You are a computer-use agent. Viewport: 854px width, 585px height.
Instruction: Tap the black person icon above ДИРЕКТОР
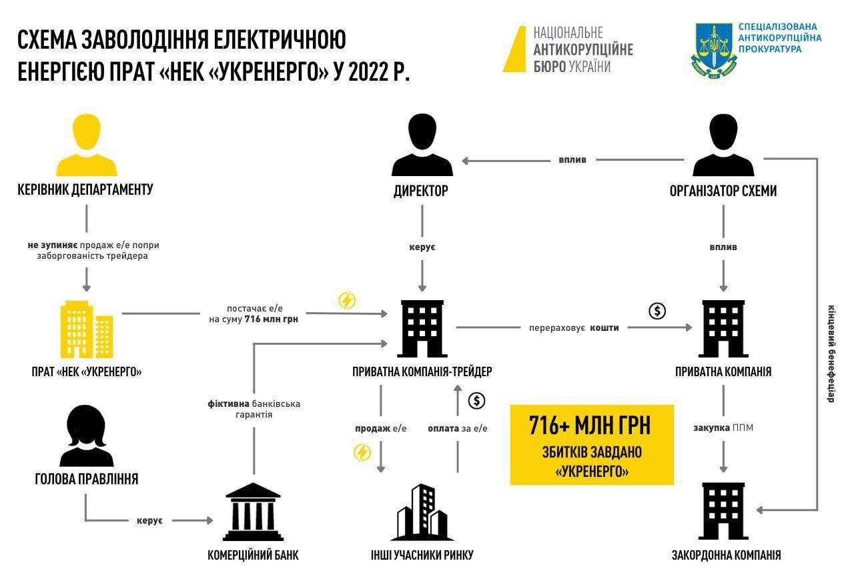pos(422,144)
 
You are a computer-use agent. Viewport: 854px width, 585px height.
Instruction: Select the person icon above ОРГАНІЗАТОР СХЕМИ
pos(723,144)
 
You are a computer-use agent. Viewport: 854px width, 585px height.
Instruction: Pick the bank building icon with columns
pos(254,513)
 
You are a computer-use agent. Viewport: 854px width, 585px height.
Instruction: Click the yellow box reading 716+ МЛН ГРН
pos(592,444)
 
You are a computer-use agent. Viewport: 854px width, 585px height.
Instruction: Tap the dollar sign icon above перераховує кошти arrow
pos(658,311)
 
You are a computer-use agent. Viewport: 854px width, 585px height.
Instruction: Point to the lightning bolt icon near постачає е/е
pos(347,300)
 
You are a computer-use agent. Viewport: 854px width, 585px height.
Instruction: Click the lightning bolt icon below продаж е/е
pos(362,454)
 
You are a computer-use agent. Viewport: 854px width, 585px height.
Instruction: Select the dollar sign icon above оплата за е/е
pos(476,401)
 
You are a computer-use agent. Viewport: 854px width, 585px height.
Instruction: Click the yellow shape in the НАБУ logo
pos(516,49)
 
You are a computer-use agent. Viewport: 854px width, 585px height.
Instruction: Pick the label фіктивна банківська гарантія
pos(254,409)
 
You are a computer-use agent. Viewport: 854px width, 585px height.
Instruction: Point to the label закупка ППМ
pos(723,428)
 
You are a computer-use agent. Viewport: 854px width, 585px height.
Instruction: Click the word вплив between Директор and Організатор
pos(572,160)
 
